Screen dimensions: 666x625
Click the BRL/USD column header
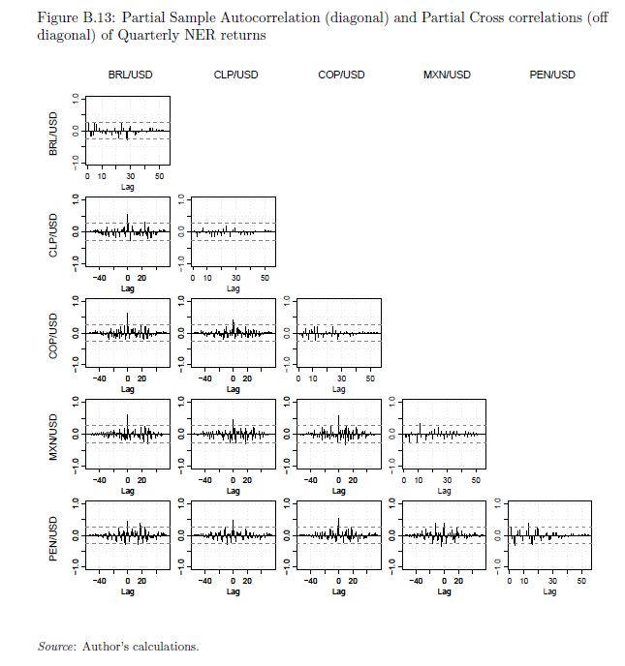[x=130, y=75]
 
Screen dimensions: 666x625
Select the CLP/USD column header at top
[x=235, y=75]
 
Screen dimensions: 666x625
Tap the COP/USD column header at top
[x=341, y=75]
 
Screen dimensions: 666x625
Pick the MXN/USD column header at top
[x=447, y=75]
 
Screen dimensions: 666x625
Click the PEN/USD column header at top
[x=552, y=75]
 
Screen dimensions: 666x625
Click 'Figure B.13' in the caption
[x=69, y=18]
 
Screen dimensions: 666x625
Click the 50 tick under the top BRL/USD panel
[x=160, y=177]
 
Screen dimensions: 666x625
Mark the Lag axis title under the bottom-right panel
[x=549, y=591]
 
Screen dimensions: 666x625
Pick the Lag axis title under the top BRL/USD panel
[x=128, y=187]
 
